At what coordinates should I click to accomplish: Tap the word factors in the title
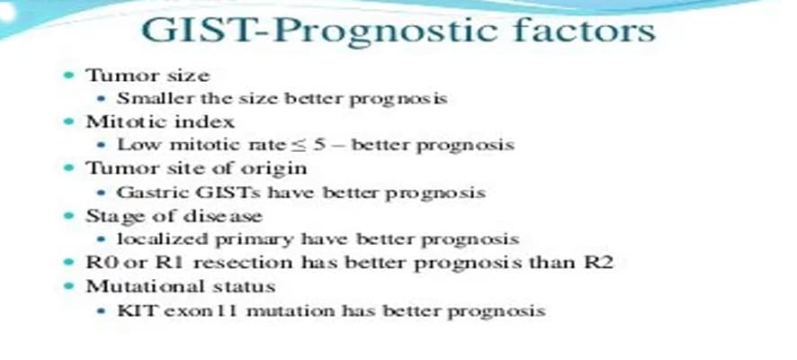click(584, 30)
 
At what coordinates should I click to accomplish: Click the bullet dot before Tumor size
click(68, 76)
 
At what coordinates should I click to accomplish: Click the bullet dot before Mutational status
click(68, 287)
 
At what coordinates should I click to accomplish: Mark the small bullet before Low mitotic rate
click(103, 146)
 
